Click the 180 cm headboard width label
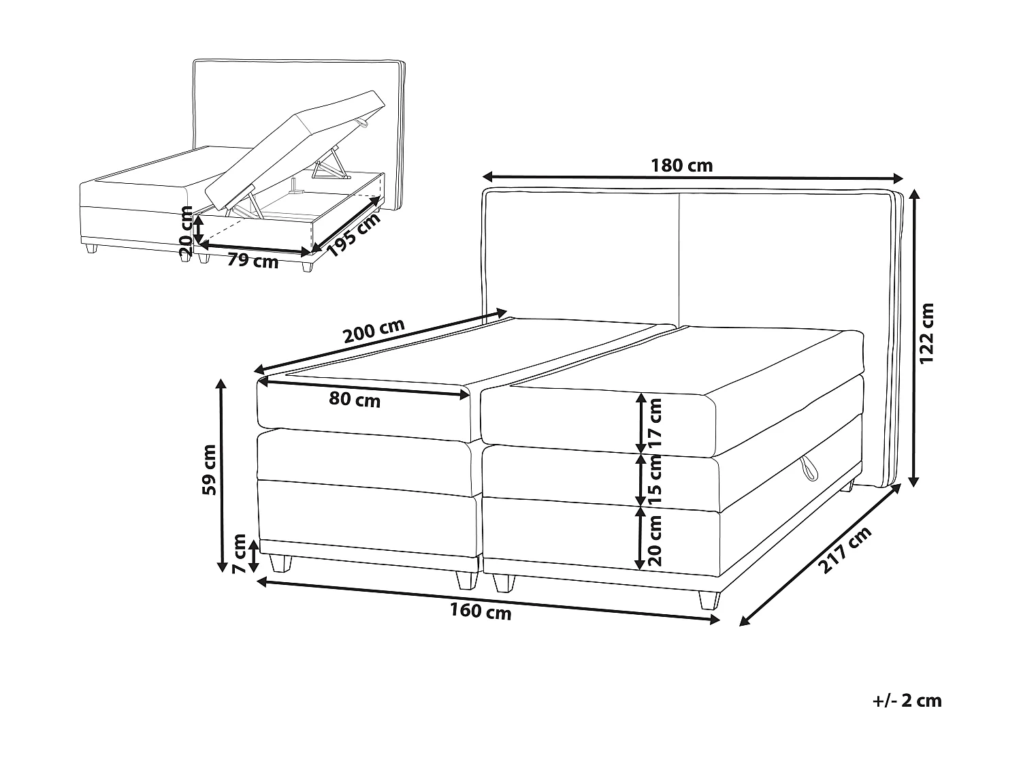[681, 165]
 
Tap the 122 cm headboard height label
[928, 333]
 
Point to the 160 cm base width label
[481, 612]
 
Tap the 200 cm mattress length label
[374, 332]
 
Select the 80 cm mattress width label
[355, 400]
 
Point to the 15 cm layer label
[655, 480]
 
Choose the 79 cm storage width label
[253, 260]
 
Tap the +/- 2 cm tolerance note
[908, 701]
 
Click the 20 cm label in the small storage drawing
[185, 231]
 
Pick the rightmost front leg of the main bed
[708, 600]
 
